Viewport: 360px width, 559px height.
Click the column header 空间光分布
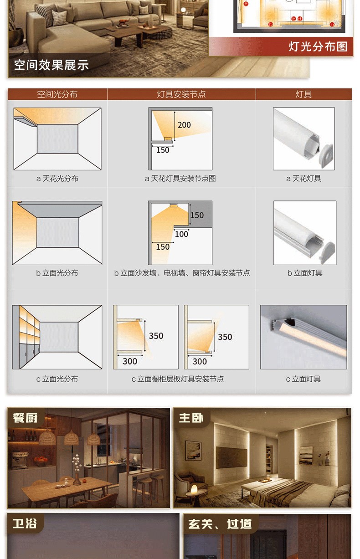[57, 94]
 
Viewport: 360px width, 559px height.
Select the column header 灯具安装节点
[181, 94]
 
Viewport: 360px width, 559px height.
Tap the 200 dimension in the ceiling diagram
[184, 125]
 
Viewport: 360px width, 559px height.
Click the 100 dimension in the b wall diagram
[181, 234]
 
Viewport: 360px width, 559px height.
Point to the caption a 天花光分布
[57, 179]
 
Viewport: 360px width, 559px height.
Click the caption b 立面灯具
[305, 273]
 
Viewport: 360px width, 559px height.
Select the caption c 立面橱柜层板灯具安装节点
[178, 379]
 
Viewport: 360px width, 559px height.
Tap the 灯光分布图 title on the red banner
[318, 46]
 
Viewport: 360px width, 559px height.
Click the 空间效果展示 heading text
[51, 65]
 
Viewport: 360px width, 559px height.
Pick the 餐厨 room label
[25, 418]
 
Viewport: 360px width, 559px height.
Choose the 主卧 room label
[191, 418]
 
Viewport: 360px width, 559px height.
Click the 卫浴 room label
[25, 523]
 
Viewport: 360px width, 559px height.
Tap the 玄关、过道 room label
[220, 524]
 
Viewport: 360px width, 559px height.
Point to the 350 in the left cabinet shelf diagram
[156, 336]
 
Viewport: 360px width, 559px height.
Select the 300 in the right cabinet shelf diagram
[200, 361]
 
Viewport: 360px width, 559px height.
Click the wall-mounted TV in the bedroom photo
[231, 457]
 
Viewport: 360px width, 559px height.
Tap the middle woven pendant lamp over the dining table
[72, 437]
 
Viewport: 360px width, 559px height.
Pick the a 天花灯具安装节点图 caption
[180, 179]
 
